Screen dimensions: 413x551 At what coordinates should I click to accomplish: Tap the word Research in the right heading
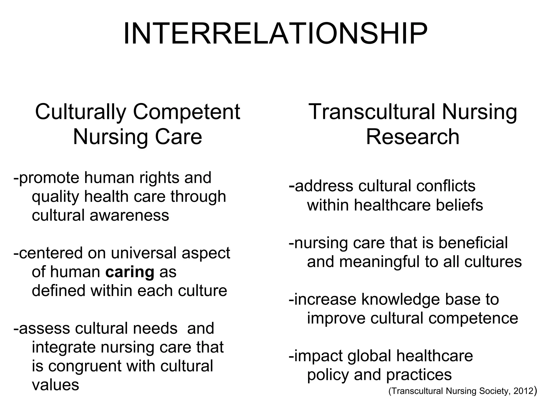point(412,137)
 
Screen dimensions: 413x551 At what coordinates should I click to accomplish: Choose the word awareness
point(129,215)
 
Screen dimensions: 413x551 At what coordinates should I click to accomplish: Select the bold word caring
point(130,272)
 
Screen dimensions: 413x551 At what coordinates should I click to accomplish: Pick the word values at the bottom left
point(55,385)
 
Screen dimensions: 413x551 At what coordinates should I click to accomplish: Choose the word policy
point(328,375)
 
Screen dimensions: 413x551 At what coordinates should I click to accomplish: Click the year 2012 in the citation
point(523,391)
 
